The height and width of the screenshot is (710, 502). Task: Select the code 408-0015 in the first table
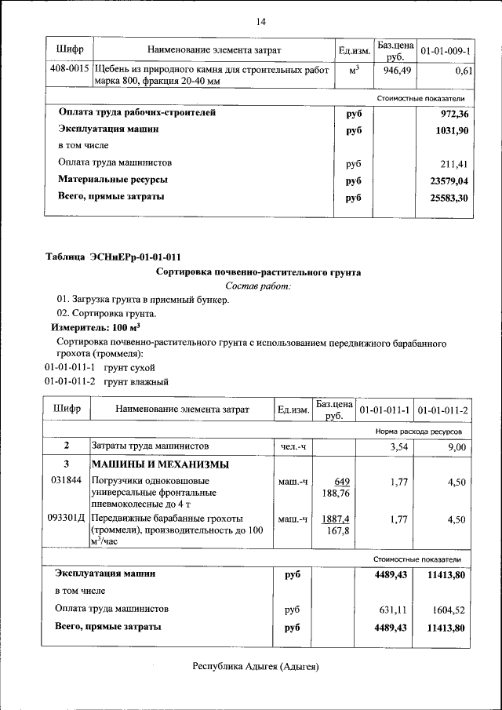(68, 69)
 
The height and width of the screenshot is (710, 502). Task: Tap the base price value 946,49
(397, 70)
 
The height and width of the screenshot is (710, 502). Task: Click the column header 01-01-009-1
(446, 51)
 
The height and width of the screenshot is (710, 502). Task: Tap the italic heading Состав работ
(258, 286)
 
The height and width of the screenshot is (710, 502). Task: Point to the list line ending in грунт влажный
(106, 382)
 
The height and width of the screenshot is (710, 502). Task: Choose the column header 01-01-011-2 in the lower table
(442, 410)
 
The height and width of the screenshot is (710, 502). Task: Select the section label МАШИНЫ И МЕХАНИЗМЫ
(152, 464)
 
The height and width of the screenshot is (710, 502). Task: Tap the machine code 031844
(65, 480)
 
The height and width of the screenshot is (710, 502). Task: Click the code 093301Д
(67, 519)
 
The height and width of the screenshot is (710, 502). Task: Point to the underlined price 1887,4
(335, 519)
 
